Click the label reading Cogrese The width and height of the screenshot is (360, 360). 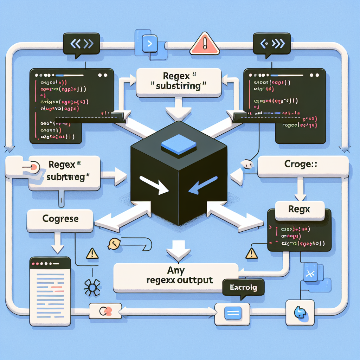coord(60,219)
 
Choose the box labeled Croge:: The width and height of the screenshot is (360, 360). coord(303,167)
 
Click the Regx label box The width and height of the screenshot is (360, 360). coord(299,210)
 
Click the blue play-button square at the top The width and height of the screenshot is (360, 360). coord(149,44)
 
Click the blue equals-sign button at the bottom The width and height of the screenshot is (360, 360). coord(232,313)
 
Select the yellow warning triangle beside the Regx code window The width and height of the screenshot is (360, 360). coord(252,253)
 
